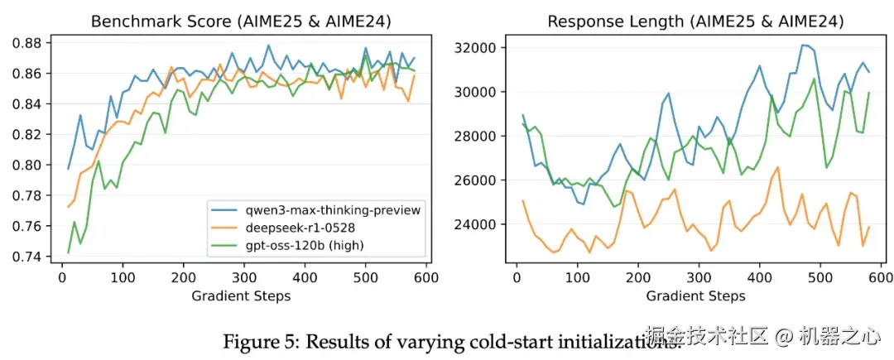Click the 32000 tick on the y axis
click(469, 47)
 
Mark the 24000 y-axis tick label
click(469, 224)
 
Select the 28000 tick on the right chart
click(469, 136)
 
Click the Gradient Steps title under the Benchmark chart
click(241, 295)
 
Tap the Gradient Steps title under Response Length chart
click(695, 295)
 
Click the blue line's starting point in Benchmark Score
click(68, 169)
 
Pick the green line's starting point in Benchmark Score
click(68, 252)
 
